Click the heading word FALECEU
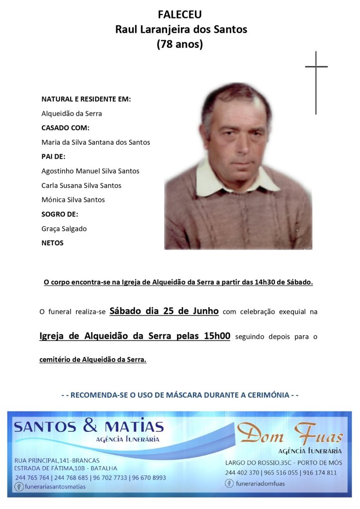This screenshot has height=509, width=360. coord(180,15)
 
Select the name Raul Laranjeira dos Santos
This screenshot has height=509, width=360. coord(181,29)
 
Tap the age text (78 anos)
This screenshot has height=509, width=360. coord(180,44)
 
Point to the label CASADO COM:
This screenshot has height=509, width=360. coord(65,127)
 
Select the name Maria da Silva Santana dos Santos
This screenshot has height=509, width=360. coord(95,142)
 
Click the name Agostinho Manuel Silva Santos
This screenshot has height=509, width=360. coord(90,171)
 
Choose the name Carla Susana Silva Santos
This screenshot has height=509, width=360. coord(81,185)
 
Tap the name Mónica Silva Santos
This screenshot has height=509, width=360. coord(73,200)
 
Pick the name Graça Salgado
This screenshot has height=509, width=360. coord(64,228)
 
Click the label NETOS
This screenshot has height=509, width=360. coord(52,243)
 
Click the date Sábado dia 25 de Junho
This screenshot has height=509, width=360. coord(164,311)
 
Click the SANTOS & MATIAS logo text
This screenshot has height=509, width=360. coord(89,426)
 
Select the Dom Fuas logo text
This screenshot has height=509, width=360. coord(289,434)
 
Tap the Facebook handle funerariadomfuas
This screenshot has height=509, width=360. coord(261,483)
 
